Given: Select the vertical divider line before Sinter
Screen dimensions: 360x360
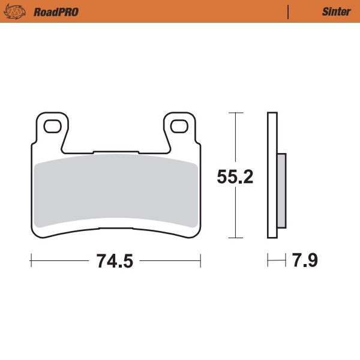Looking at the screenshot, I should [289, 11].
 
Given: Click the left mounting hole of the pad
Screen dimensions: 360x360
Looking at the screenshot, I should [50, 126].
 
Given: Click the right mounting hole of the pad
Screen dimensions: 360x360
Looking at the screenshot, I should [179, 126].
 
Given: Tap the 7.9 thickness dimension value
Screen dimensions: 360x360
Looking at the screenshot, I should [305, 262].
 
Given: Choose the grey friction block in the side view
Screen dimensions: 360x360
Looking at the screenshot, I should [281, 191].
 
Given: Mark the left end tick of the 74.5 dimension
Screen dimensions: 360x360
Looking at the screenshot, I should [31, 261].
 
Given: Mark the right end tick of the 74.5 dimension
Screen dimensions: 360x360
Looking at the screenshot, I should [200, 261].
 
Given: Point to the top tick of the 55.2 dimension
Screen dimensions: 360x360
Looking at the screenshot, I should [236, 113].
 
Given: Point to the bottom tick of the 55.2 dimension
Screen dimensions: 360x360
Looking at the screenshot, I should [236, 238].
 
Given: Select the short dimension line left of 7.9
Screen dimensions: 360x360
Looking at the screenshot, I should [276, 261].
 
